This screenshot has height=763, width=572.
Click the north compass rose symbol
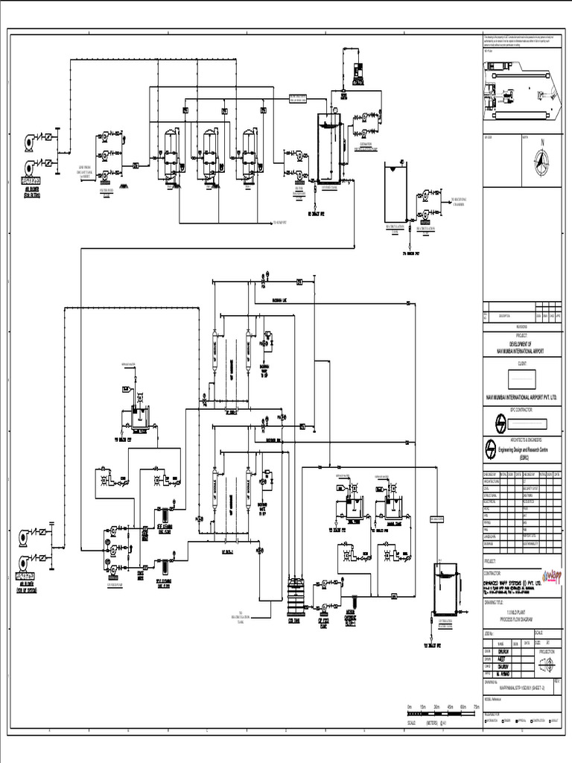coord(542,159)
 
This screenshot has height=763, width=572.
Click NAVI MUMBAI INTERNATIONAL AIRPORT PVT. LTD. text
coord(521,399)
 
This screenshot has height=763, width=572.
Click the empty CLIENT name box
coord(521,378)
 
